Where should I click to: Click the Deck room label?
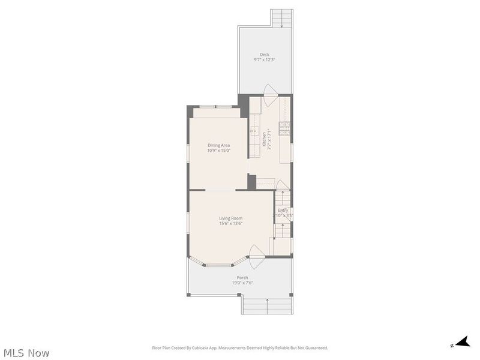click(265, 55)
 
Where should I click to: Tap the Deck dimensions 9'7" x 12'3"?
click(265, 60)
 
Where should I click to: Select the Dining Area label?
click(218, 145)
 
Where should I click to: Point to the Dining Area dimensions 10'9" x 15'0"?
click(218, 151)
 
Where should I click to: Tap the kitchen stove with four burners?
click(284, 128)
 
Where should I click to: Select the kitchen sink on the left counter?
click(254, 131)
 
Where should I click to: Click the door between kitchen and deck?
click(270, 91)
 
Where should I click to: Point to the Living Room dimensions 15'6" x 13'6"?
click(230, 224)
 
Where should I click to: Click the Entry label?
click(283, 211)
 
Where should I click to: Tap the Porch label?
click(242, 277)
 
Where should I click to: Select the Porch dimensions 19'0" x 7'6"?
click(242, 283)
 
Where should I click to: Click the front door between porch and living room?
click(257, 252)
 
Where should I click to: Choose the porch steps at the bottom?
click(267, 305)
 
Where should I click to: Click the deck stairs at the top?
click(282, 19)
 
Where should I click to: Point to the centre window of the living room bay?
click(220, 265)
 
